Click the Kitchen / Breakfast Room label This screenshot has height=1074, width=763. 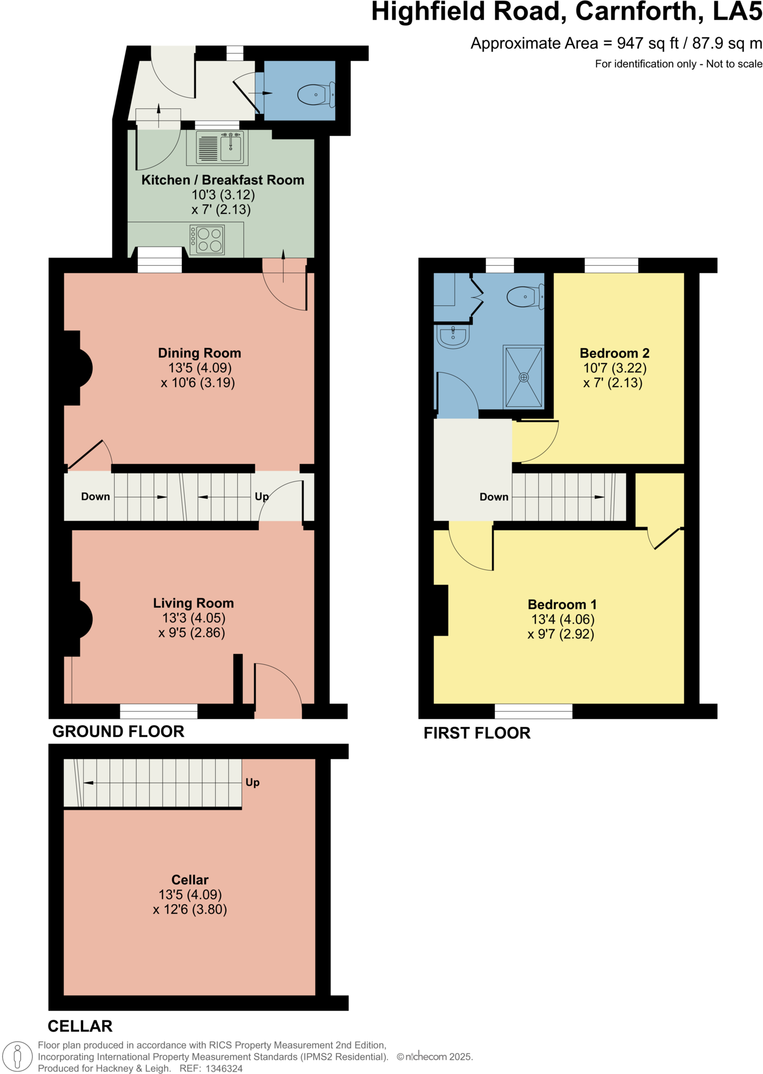click(223, 180)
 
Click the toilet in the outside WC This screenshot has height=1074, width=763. click(314, 95)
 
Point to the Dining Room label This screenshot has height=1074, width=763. click(199, 353)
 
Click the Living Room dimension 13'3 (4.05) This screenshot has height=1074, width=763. click(194, 618)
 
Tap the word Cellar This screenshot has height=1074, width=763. click(190, 880)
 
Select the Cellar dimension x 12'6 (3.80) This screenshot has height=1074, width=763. click(190, 909)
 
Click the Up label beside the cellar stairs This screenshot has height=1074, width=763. click(252, 782)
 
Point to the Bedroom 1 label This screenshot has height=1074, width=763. click(562, 604)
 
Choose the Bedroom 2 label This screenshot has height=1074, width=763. click(614, 353)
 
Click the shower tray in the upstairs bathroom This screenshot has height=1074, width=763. click(524, 377)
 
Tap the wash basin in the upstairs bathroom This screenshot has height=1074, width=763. click(453, 336)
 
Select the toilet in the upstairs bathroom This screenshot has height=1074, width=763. click(525, 296)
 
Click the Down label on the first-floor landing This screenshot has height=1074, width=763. click(494, 497)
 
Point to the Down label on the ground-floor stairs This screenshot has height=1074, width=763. click(95, 497)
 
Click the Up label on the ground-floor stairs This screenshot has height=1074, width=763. click(261, 497)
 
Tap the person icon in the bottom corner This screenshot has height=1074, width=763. click(18, 1056)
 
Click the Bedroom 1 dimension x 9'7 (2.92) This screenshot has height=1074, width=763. click(561, 634)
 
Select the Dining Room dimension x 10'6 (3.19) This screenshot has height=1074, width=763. click(198, 383)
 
